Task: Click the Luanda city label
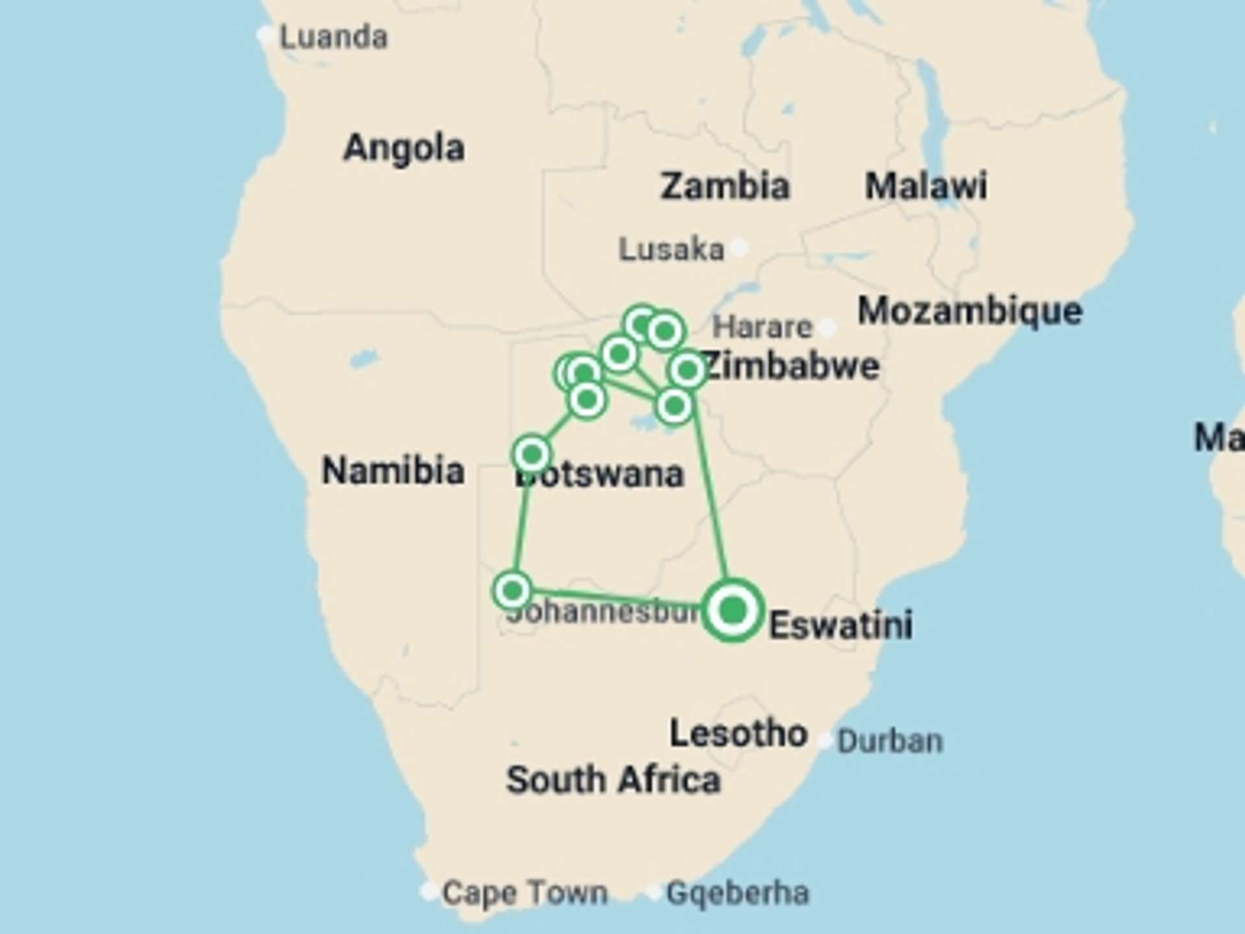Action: pos(333,38)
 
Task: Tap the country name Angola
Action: pos(403,148)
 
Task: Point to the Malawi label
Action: pos(925,186)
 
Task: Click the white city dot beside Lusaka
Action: pos(739,246)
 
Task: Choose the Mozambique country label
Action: pos(969,311)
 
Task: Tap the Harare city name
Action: pos(762,327)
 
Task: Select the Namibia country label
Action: pos(393,470)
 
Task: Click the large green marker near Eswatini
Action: pos(733,610)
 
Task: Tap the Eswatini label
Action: pos(841,625)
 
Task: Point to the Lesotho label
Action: pos(739,734)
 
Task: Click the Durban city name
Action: pos(890,741)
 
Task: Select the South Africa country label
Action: pos(613,780)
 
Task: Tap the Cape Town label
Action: pos(525,892)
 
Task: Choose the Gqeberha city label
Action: pos(737,892)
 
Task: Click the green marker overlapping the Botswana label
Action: pos(532,453)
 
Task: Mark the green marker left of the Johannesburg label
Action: pos(513,590)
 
